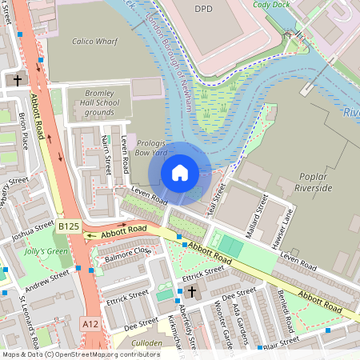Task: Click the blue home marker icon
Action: tap(180, 172)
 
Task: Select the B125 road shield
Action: tap(68, 227)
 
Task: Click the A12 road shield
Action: tap(90, 322)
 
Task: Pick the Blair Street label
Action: tap(281, 341)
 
